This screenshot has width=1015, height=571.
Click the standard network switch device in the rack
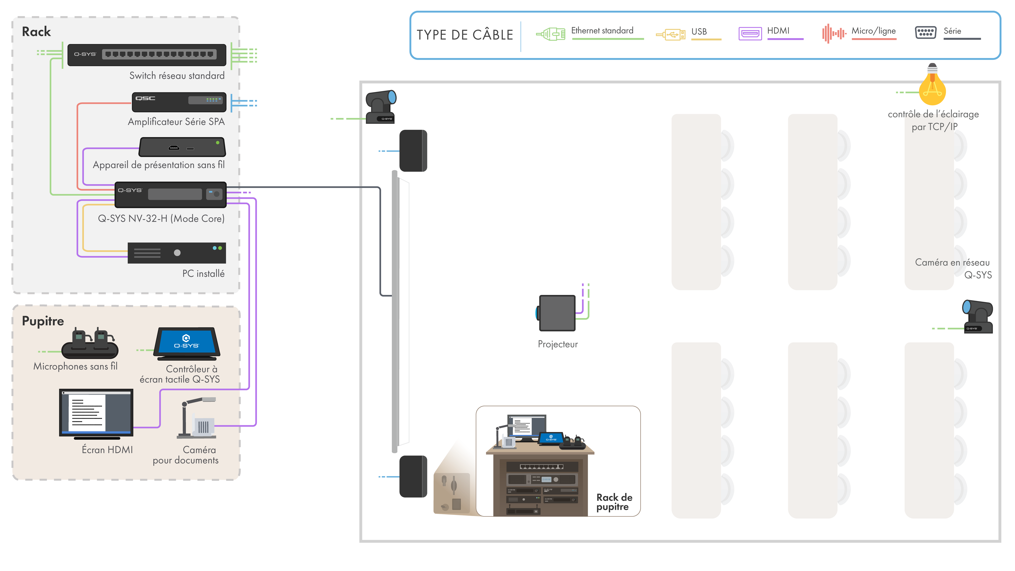(147, 55)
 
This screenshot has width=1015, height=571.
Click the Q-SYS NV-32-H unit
(170, 194)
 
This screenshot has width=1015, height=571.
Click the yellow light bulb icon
(932, 85)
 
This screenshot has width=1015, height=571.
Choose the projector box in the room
(557, 313)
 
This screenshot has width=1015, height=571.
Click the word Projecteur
(558, 344)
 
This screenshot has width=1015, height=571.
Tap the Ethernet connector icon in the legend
(551, 34)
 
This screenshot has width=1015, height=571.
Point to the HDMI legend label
(778, 31)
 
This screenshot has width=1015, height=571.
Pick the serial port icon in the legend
(925, 32)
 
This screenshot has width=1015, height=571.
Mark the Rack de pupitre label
(614, 502)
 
